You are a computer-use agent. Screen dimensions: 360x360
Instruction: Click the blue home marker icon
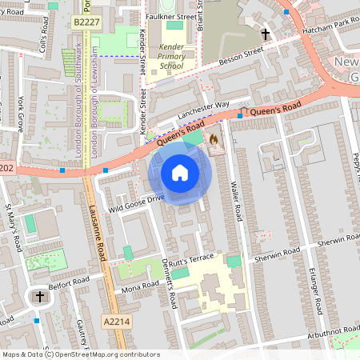tap(180, 172)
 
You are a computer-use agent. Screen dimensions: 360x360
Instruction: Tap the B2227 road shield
tap(86, 24)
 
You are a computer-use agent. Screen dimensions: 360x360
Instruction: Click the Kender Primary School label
tap(170, 58)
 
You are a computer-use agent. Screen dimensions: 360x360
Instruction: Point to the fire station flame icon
tap(214, 139)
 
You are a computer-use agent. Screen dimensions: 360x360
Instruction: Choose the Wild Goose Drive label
tap(137, 202)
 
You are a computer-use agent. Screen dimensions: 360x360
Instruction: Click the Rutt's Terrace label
tap(192, 257)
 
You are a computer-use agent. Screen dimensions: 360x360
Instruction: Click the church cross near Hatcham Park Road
tap(265, 34)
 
